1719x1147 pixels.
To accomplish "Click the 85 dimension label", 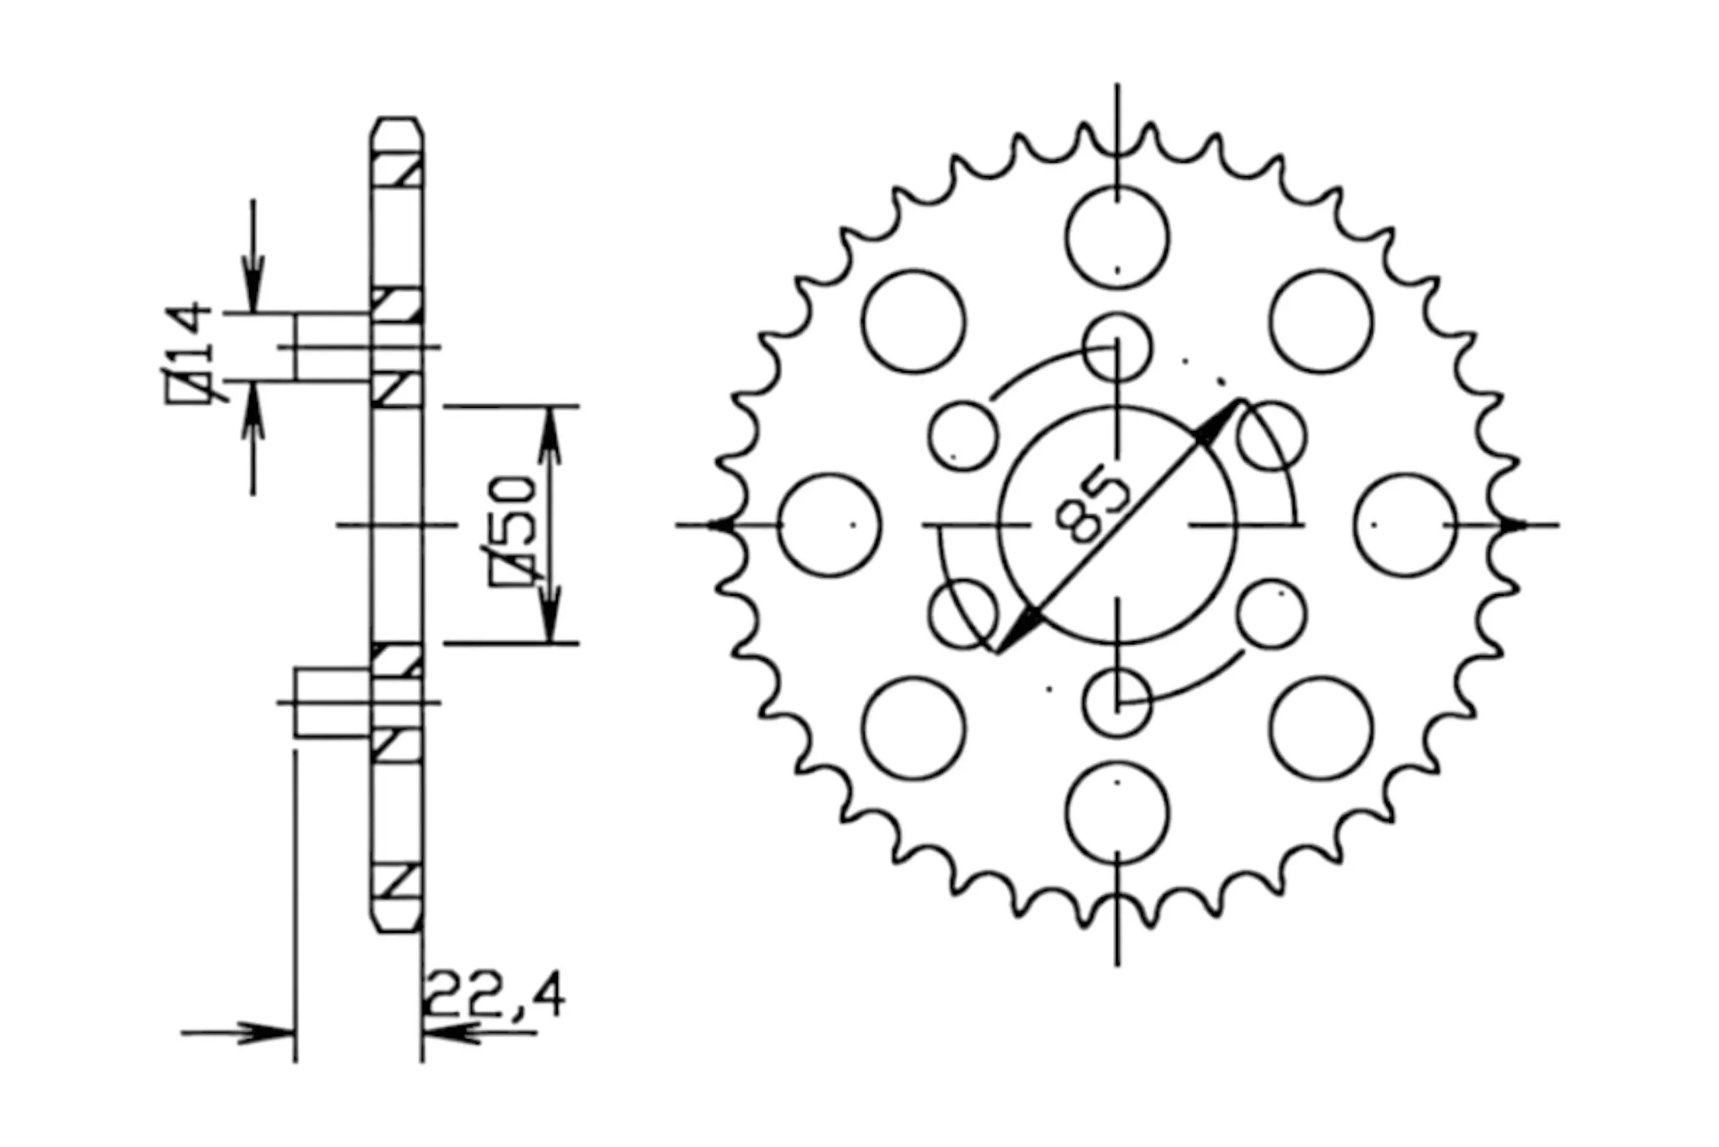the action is [1094, 507].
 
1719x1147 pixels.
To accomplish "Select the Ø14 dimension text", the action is [189, 352].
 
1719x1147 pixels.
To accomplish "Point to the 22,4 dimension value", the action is [494, 994].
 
